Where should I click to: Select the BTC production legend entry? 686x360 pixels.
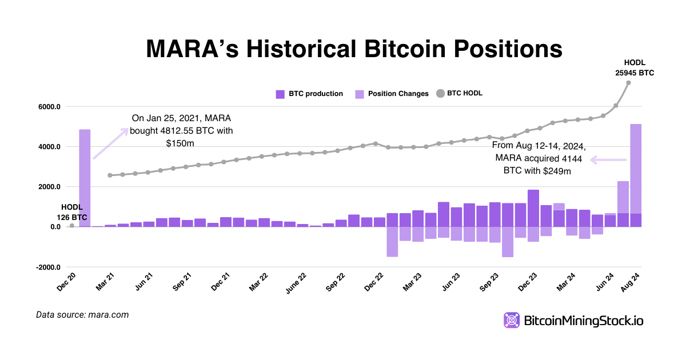coord(309,94)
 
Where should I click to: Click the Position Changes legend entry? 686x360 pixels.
coord(392,94)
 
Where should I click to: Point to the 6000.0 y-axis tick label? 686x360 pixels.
coord(49,107)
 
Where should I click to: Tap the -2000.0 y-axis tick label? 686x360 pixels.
coord(47,267)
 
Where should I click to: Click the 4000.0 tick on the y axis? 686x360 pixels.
coord(49,147)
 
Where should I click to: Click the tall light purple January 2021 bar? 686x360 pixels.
coord(85,178)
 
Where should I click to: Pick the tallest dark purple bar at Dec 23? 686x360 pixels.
coord(533,208)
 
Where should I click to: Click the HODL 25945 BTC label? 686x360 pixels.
coord(635,67)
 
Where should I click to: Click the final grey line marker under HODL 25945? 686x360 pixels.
coord(628,83)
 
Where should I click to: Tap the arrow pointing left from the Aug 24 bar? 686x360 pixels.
coord(608,160)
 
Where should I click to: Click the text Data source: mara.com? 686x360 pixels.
coord(82,315)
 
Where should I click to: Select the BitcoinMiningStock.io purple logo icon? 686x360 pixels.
coord(511,321)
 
